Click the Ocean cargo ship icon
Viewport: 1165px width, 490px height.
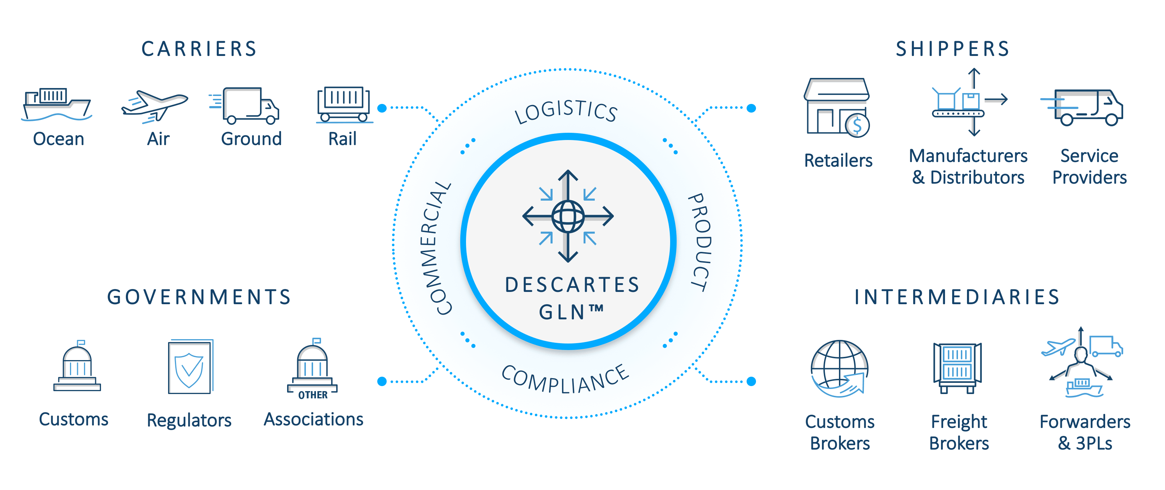57,105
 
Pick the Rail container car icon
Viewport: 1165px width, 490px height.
344,104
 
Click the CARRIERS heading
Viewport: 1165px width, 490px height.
199,49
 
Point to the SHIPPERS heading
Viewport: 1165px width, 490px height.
953,49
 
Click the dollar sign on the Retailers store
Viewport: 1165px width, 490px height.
857,125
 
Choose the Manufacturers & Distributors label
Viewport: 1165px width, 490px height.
968,166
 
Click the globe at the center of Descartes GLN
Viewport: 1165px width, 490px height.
568,216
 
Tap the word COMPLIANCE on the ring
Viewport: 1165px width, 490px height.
565,379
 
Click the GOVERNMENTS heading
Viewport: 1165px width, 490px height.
199,297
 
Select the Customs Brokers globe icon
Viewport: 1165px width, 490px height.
839,369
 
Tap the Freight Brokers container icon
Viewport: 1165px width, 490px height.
957,367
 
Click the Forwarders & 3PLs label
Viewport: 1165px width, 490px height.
1085,432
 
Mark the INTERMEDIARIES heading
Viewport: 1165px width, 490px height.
957,297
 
